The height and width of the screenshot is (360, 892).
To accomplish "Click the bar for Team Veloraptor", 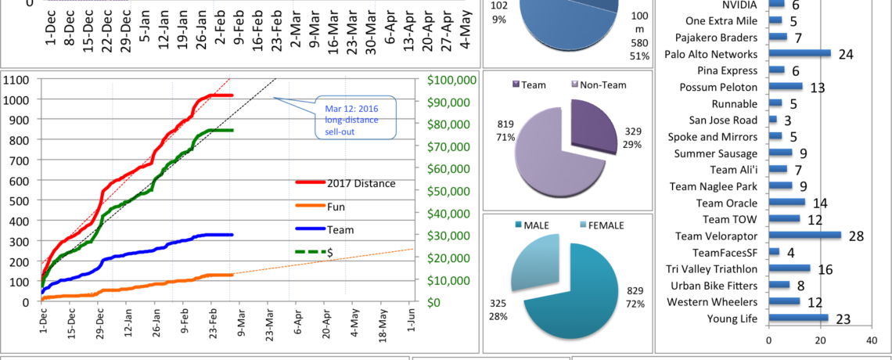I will [x=805, y=235].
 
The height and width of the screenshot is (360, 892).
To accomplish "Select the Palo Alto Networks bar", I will [x=800, y=54].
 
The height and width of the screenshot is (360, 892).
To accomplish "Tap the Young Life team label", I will [x=709, y=319].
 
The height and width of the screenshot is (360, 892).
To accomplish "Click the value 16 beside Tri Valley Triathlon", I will [x=825, y=269].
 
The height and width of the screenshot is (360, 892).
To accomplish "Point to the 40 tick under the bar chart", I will [x=872, y=340].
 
